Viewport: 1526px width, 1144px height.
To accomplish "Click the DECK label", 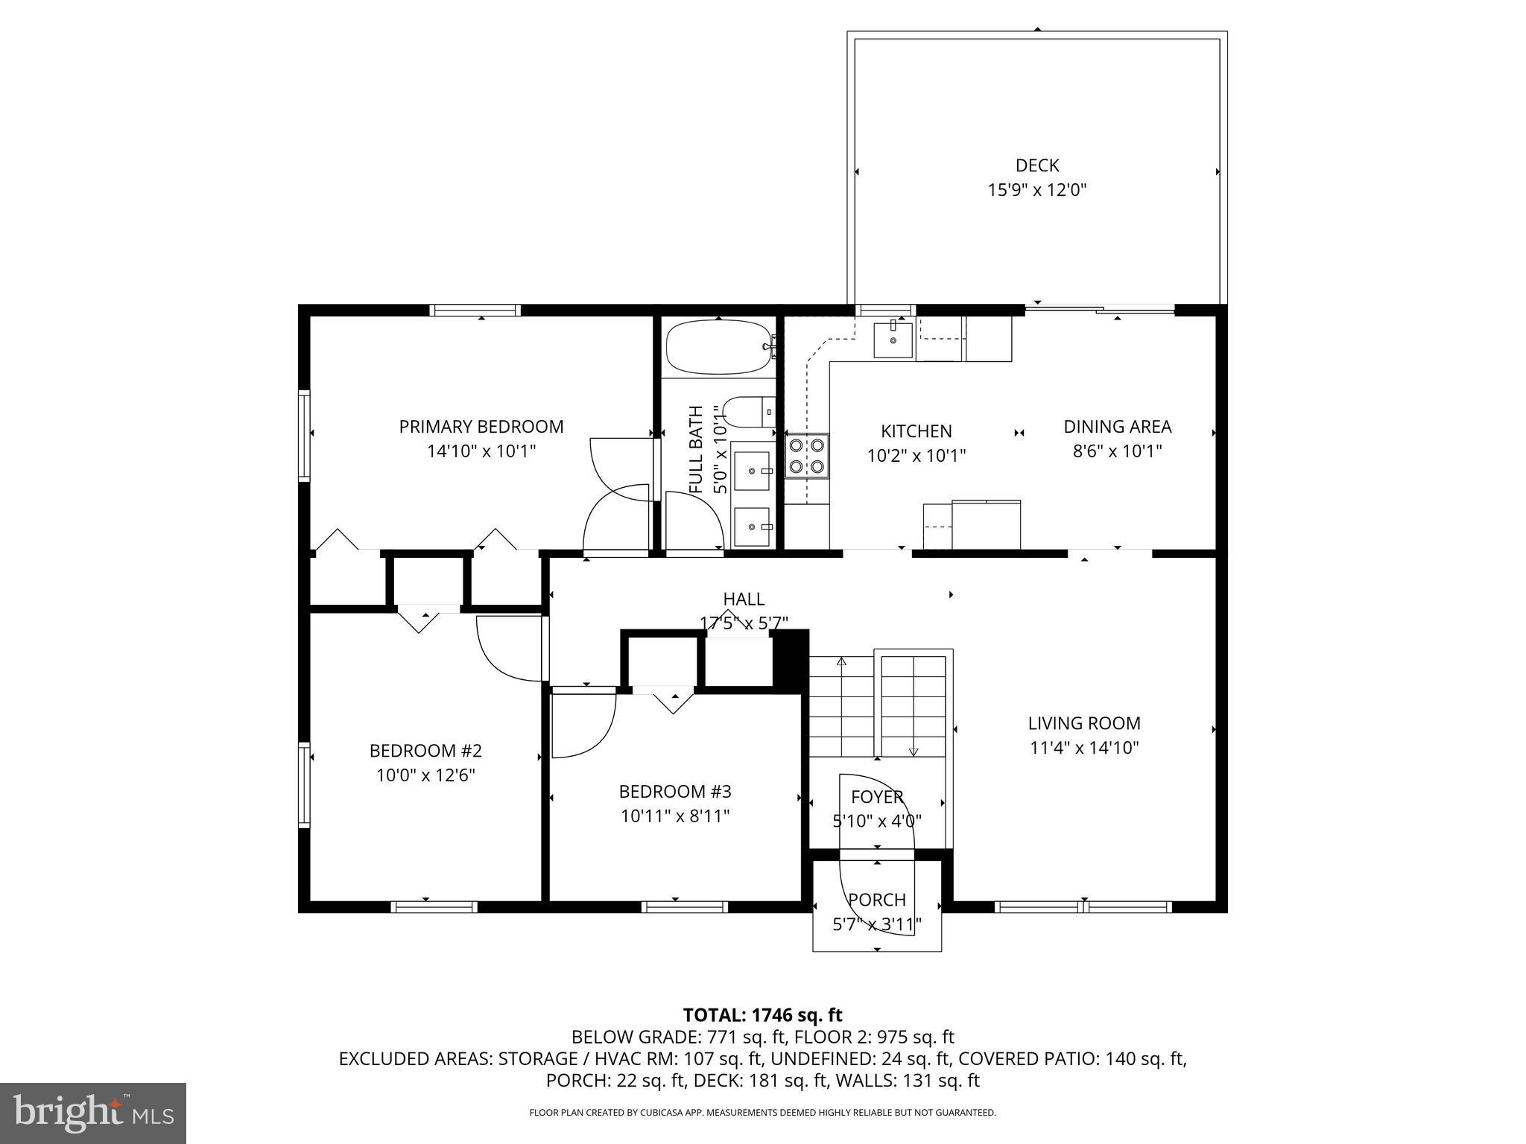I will pyautogui.click(x=1036, y=165).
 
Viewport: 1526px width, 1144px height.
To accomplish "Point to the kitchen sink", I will pyautogui.click(x=893, y=340).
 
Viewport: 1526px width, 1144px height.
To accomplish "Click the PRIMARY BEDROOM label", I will pyautogui.click(x=481, y=427).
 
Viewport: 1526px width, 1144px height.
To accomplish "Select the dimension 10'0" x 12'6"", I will pyautogui.click(x=425, y=775).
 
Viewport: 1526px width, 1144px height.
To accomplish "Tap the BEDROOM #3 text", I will pyautogui.click(x=675, y=791).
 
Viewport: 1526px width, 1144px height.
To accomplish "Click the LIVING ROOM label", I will pyautogui.click(x=1084, y=723).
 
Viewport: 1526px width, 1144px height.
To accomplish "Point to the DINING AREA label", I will pyautogui.click(x=1117, y=427).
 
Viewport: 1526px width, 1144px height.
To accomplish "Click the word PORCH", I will pyautogui.click(x=877, y=900).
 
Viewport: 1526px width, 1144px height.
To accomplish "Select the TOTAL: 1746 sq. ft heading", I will pyautogui.click(x=762, y=1015).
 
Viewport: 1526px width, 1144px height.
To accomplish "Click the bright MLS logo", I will pyautogui.click(x=93, y=1113).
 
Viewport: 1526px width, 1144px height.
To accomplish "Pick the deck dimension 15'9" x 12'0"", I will pyautogui.click(x=1036, y=190).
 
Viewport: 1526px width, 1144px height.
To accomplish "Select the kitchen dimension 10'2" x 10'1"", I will pyautogui.click(x=916, y=455).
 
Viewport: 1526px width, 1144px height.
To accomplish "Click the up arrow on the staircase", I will pyautogui.click(x=842, y=661).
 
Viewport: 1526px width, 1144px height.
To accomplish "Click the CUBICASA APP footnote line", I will pyautogui.click(x=762, y=1113).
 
